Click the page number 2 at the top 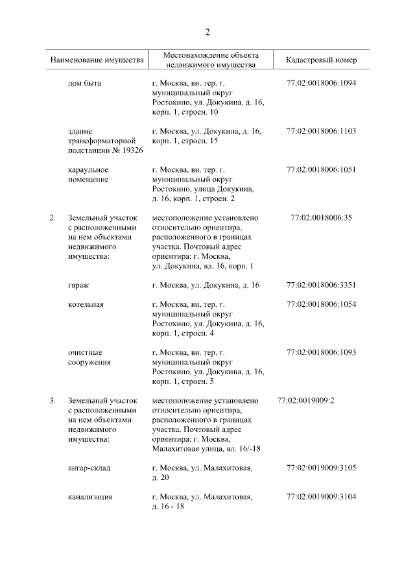coord(207,32)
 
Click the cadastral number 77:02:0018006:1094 coord(321,84)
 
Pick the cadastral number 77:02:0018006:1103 coord(321,131)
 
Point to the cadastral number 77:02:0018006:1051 coord(321,170)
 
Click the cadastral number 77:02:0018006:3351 coord(321,285)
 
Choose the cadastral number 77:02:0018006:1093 coord(321,352)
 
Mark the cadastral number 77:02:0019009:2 coord(305,400)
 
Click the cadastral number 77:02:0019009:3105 coord(321,468)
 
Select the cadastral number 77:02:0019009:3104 coord(321,497)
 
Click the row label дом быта coord(84,84)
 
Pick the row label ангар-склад coord(89,468)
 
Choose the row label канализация coord(90,497)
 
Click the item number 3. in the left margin coord(52,400)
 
